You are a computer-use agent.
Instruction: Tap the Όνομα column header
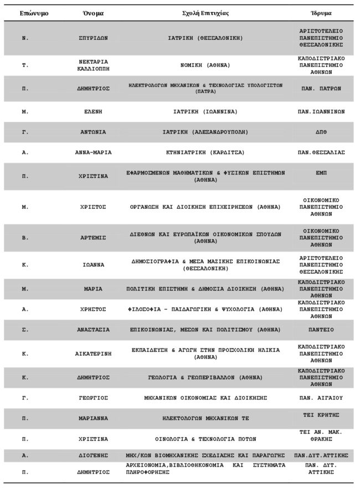(93, 12)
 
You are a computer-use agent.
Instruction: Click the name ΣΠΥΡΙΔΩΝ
(93, 38)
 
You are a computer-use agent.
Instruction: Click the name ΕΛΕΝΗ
(93, 111)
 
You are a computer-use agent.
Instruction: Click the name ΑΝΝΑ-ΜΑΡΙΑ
(93, 152)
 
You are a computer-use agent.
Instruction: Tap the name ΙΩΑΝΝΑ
(93, 265)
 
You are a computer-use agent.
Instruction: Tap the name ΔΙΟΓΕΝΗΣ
(93, 455)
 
